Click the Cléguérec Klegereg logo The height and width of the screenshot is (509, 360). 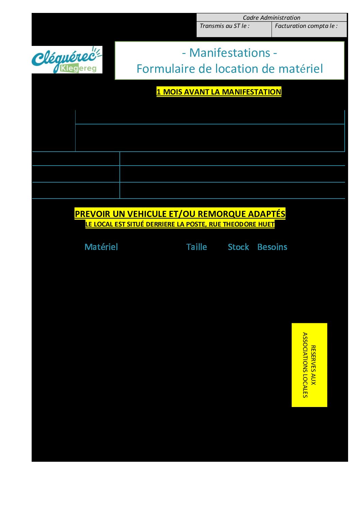tap(67, 60)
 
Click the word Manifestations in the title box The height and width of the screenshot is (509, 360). tap(230, 53)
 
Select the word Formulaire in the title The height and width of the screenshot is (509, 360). tap(165, 69)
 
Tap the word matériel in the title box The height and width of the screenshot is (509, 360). tap(301, 69)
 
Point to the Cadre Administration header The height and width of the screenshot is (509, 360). tap(272, 17)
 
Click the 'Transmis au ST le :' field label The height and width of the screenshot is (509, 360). tap(225, 26)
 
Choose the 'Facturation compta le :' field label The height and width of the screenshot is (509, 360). tap(306, 26)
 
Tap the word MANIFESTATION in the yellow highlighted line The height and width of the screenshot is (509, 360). tap(251, 92)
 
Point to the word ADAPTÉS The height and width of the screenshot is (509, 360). tap(266, 214)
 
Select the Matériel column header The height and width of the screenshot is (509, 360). tap(101, 247)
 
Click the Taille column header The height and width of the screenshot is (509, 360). tap(196, 247)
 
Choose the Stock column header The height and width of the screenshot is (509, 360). tap(238, 247)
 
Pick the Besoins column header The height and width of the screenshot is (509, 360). tap(272, 247)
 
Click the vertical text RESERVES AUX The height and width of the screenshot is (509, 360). tap(313, 365)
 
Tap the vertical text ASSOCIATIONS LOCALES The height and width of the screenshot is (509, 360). tap(305, 365)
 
